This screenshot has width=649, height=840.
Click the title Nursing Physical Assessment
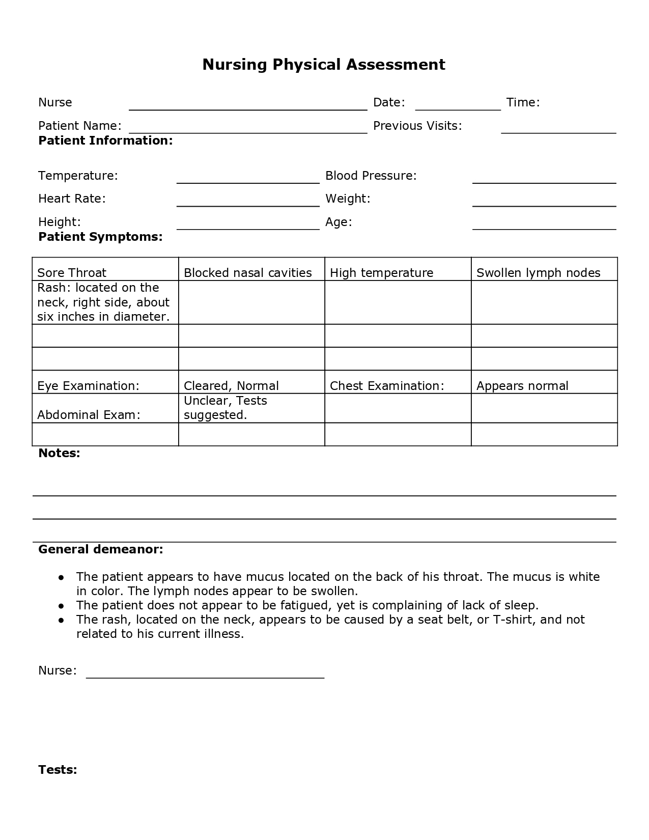click(x=324, y=65)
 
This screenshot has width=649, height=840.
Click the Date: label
click(x=389, y=102)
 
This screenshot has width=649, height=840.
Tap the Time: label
click(x=523, y=102)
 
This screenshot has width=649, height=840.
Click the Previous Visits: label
click(x=417, y=126)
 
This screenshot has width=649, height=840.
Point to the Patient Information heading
click(x=105, y=141)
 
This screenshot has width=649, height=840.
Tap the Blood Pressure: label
click(x=371, y=176)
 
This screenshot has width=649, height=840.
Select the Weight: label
click(x=348, y=199)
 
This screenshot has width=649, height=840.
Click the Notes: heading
click(x=59, y=453)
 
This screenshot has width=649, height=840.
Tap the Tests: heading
click(x=58, y=770)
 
